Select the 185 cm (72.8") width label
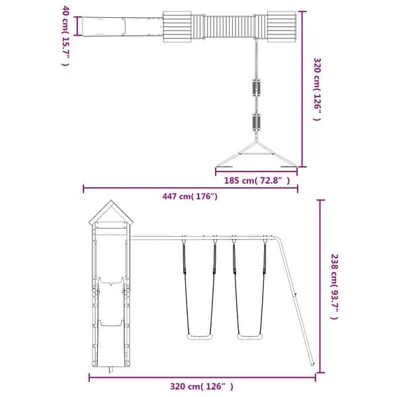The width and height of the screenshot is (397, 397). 254,180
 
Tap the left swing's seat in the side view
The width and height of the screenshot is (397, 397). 198,338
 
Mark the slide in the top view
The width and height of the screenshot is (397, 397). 119,26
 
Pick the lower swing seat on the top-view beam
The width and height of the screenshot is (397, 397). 255,122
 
